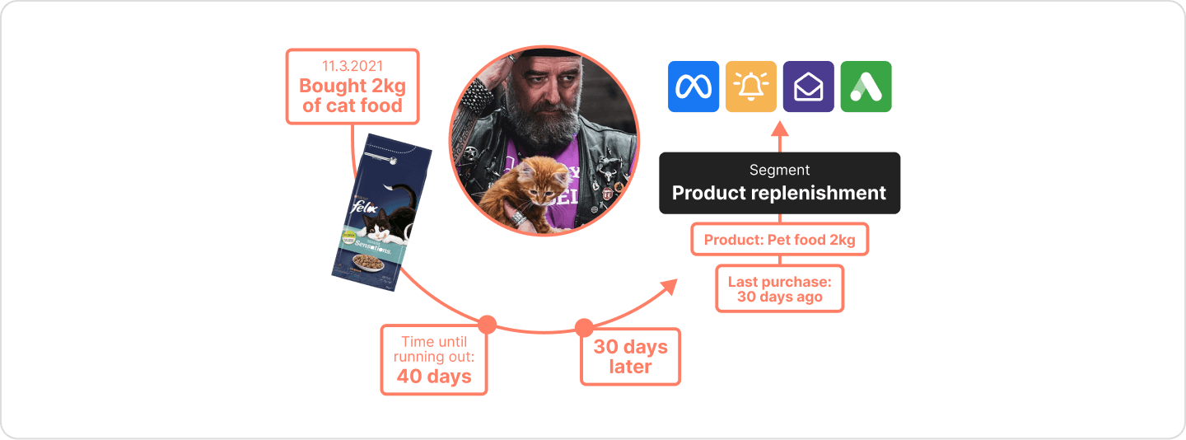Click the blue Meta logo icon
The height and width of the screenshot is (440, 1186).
point(693,87)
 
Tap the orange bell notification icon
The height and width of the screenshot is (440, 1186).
point(750,87)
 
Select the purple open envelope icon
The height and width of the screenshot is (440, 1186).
point(808,87)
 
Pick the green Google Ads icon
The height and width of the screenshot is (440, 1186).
point(866,87)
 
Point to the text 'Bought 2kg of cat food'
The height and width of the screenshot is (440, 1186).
point(352,96)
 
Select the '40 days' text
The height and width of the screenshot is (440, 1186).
point(434,377)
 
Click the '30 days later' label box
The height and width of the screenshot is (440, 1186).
point(630,357)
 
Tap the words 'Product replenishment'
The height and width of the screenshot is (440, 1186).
point(778,194)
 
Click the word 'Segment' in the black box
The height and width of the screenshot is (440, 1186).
point(779,171)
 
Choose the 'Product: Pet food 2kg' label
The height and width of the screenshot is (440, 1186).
point(779,241)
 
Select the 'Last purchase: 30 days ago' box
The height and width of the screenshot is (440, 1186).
point(779,288)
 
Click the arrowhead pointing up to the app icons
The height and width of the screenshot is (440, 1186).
point(779,128)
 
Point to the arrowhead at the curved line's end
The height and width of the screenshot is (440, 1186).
point(670,285)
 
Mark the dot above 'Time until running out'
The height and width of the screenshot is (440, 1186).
point(487,324)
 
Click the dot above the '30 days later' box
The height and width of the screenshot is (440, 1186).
point(583,327)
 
